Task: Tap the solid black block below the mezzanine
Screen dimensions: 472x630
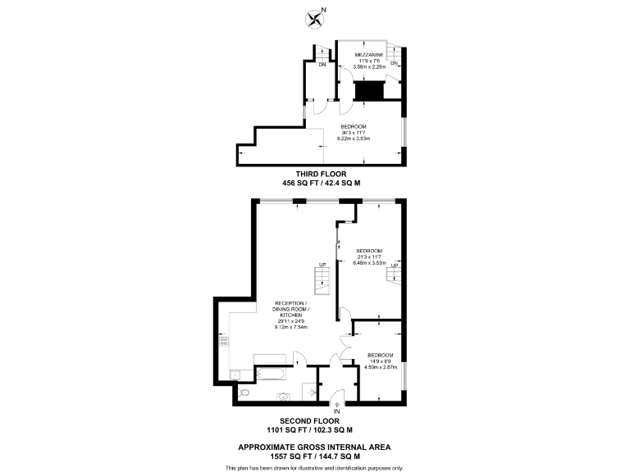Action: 368,90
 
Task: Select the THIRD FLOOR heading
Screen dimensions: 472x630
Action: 315,174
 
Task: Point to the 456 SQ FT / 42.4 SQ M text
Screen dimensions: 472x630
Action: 315,183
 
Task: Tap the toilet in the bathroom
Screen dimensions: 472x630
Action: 244,392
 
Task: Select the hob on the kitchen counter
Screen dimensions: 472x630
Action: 223,342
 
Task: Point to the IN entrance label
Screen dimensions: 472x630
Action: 337,411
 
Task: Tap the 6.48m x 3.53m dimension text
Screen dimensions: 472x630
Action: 369,263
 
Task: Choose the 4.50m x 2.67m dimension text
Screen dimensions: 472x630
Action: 381,367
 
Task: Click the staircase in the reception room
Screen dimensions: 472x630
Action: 321,283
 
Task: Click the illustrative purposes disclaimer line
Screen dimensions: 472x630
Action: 314,467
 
